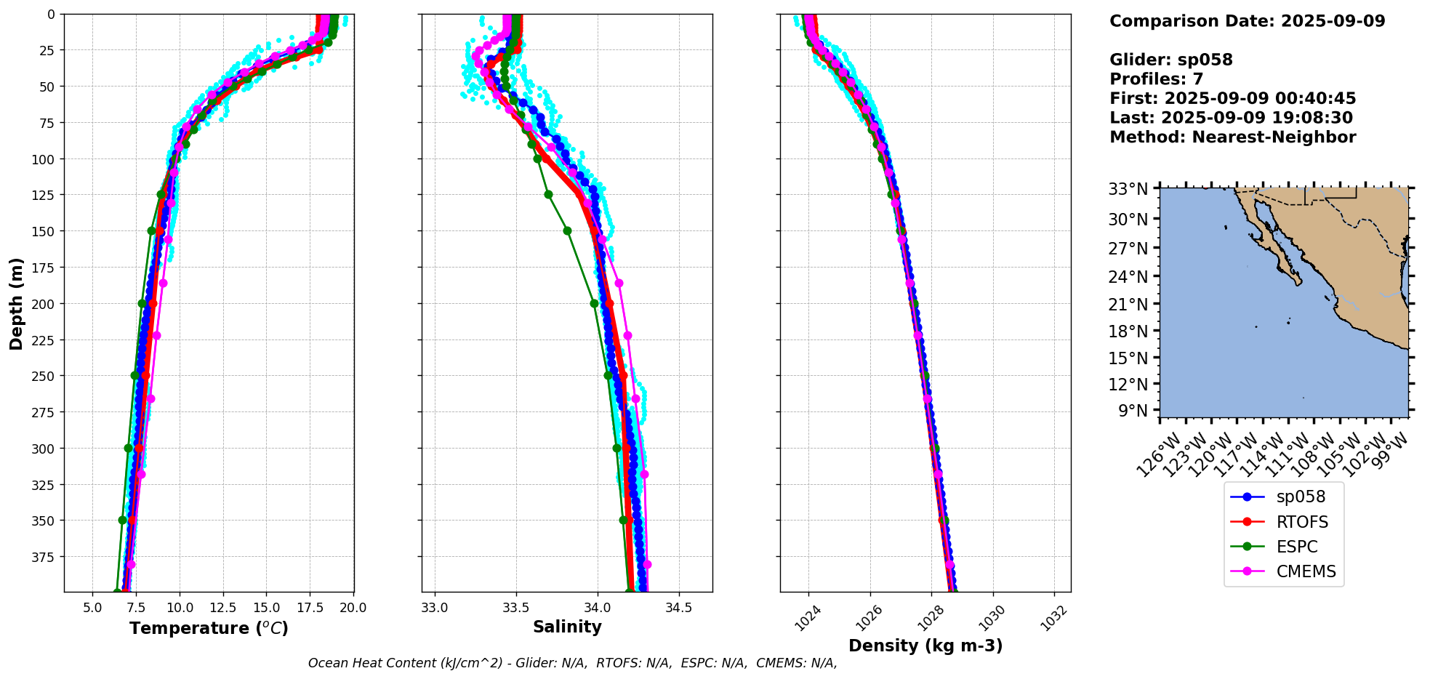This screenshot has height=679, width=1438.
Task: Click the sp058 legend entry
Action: (x=1301, y=497)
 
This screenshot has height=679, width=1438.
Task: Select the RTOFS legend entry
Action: (x=1302, y=522)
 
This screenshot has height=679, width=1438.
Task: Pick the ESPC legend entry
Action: (x=1297, y=547)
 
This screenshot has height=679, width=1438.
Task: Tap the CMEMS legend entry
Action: (x=1306, y=571)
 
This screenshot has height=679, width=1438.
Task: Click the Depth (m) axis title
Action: (x=16, y=303)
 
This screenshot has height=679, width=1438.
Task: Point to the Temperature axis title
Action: (x=209, y=628)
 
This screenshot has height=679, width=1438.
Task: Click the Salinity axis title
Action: (x=567, y=627)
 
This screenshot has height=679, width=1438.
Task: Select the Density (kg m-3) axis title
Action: (x=925, y=646)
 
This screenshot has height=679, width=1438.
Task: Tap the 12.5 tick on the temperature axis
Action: (x=222, y=608)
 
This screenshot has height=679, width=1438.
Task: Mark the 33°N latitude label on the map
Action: (x=1128, y=190)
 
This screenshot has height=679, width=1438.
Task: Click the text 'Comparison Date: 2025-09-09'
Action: (x=1247, y=21)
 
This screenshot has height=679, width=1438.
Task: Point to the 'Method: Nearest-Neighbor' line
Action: (x=1232, y=137)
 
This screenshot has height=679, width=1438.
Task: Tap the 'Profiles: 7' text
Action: (x=1156, y=79)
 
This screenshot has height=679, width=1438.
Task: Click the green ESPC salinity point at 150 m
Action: (x=567, y=231)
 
